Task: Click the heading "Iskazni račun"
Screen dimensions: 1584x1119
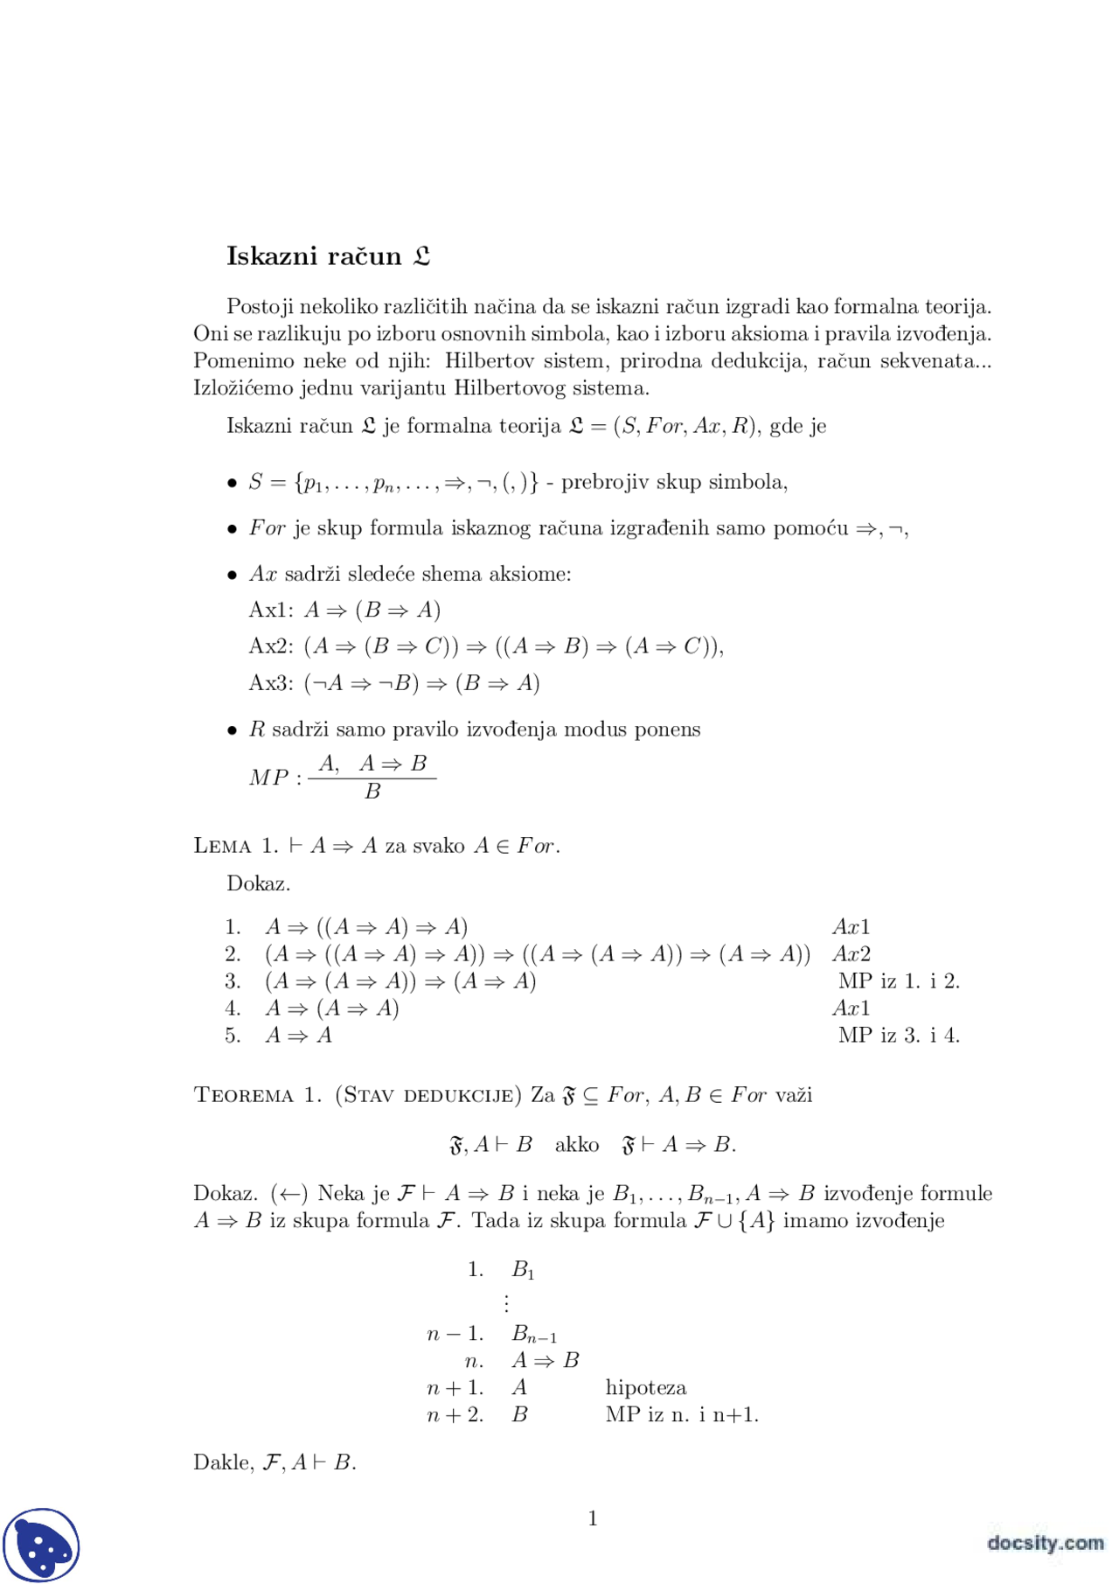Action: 313,256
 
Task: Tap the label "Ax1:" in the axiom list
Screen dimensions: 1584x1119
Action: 271,611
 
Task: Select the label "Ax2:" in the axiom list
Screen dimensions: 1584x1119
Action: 271,646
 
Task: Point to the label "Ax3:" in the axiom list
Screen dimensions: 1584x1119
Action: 271,683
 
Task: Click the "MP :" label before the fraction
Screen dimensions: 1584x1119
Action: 275,778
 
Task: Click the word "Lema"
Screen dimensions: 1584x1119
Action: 223,847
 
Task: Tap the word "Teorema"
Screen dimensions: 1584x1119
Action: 244,1096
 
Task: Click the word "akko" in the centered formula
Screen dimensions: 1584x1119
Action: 577,1145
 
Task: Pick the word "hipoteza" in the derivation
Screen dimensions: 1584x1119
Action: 646,1388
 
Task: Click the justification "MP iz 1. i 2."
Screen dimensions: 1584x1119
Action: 899,981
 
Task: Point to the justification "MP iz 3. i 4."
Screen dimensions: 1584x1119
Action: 899,1036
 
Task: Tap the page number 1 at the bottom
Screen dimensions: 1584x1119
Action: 593,1518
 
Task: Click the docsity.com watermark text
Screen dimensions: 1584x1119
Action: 1045,1543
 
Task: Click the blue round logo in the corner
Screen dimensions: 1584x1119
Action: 41,1545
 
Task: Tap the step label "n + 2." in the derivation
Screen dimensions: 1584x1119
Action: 455,1415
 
